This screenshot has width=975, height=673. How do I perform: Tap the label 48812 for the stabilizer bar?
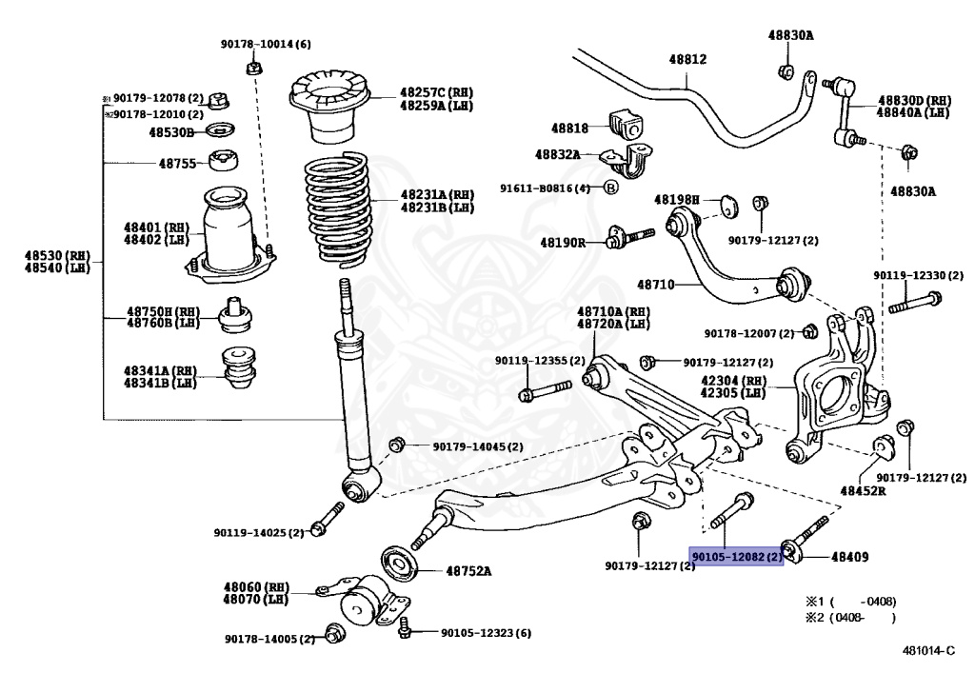686,59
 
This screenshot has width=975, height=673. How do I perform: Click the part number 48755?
177,163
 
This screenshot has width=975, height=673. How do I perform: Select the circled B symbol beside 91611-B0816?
611,188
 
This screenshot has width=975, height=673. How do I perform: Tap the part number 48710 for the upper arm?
655,284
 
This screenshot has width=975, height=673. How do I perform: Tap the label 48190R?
562,243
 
